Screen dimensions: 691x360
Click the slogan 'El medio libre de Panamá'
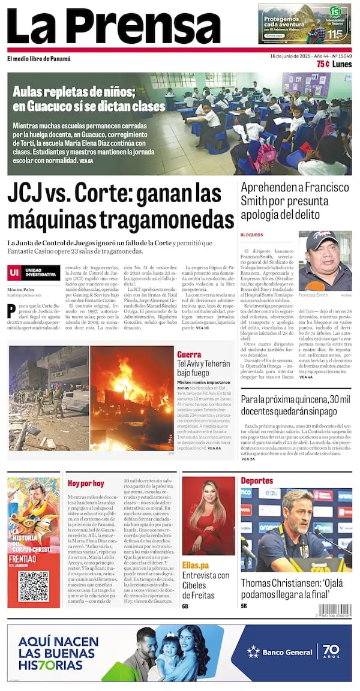click(x=39, y=59)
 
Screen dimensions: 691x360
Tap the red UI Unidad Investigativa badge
click(x=34, y=273)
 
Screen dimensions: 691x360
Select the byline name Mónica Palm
click(x=21, y=289)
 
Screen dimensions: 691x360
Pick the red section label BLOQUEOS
click(x=251, y=235)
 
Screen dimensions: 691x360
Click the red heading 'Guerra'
click(x=189, y=354)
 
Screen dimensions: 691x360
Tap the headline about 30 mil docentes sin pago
click(x=295, y=405)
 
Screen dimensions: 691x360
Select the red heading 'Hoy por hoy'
click(x=85, y=483)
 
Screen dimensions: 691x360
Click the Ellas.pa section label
click(x=196, y=565)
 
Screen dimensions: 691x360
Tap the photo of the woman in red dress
click(x=208, y=516)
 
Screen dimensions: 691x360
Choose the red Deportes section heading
click(x=257, y=480)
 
